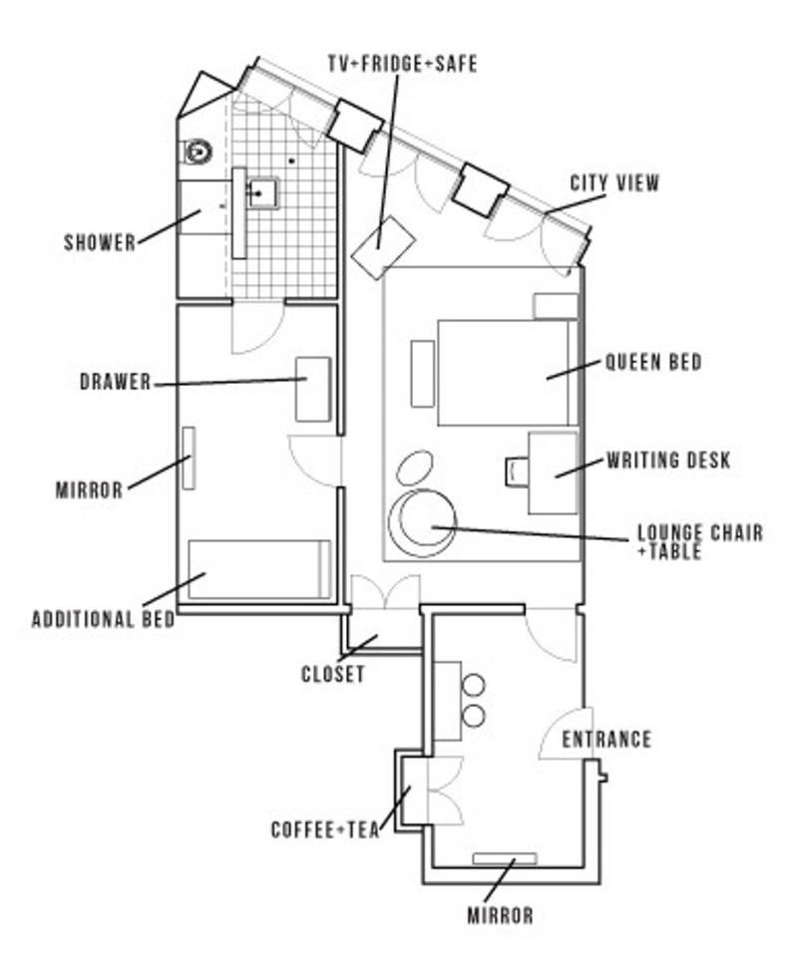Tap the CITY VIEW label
pyautogui.click(x=614, y=183)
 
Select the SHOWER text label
pyautogui.click(x=100, y=242)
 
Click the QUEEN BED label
pyautogui.click(x=653, y=362)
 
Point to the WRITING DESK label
pyautogui.click(x=668, y=461)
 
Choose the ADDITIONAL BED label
pyautogui.click(x=104, y=619)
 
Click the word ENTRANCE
pyautogui.click(x=606, y=740)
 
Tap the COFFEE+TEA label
pyautogui.click(x=325, y=829)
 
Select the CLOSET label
pyautogui.click(x=333, y=675)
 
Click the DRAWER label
pyautogui.click(x=116, y=382)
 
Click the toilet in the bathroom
pyautogui.click(x=198, y=152)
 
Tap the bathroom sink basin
pyautogui.click(x=262, y=191)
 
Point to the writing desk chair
pyautogui.click(x=516, y=471)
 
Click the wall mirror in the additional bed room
pyautogui.click(x=188, y=458)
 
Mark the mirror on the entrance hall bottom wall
pyautogui.click(x=504, y=858)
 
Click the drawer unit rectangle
pyautogui.click(x=313, y=388)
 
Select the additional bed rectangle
pyautogui.click(x=259, y=569)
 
